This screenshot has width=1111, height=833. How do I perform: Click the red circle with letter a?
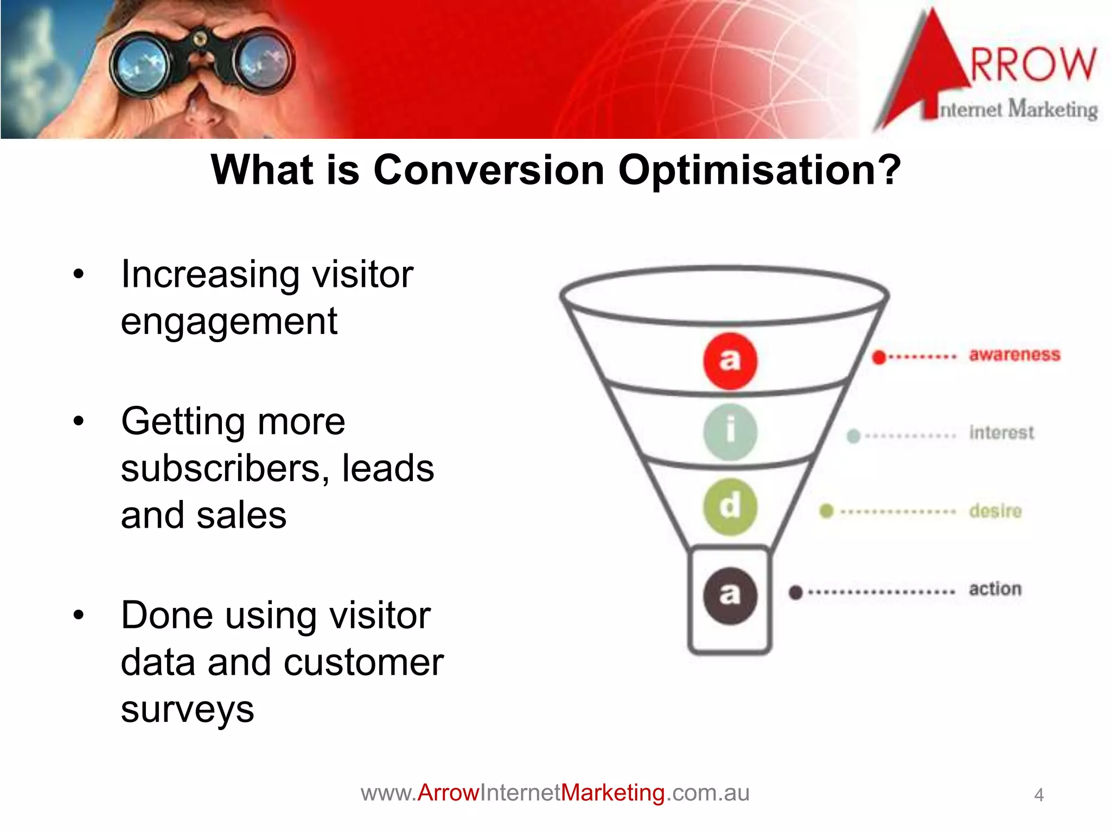730,361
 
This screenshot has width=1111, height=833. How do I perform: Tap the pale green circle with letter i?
730,432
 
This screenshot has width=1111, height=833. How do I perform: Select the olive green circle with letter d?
730,507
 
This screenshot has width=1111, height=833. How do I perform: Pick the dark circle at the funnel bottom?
730,595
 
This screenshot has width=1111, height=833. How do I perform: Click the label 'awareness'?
1014,355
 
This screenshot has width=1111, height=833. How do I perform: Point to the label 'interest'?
1001,433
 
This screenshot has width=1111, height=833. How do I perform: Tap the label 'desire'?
995,511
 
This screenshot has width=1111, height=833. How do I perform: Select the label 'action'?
995,589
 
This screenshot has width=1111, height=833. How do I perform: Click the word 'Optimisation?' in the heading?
759,171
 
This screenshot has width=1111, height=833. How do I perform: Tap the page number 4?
1038,795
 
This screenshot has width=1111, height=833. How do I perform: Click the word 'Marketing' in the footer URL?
612,793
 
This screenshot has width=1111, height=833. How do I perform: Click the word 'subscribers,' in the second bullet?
225,469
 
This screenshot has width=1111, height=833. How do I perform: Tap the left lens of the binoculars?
139,65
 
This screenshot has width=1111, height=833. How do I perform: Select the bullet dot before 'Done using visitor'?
79,616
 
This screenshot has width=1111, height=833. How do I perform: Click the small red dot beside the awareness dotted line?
879,357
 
